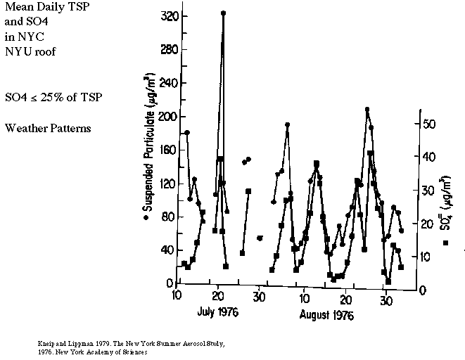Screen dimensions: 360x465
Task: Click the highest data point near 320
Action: pyautogui.click(x=223, y=13)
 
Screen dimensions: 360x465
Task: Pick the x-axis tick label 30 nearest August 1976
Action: pyautogui.click(x=386, y=300)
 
